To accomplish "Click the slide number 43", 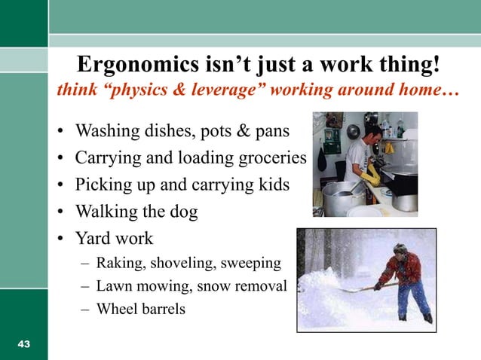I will [x=24, y=344].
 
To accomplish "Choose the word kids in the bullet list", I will [x=272, y=185].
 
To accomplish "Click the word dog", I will [x=184, y=212].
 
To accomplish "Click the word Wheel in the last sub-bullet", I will [x=113, y=308].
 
